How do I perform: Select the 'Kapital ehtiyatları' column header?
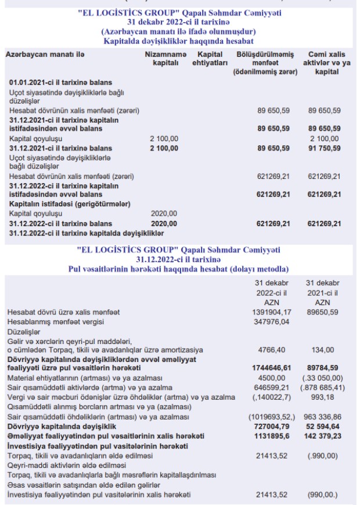[x=210, y=58]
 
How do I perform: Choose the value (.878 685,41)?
[x=323, y=387]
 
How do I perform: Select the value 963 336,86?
[x=323, y=417]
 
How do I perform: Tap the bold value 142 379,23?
[x=323, y=436]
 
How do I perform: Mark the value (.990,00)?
[x=323, y=456]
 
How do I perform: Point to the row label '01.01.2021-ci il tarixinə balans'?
[x=60, y=83]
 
